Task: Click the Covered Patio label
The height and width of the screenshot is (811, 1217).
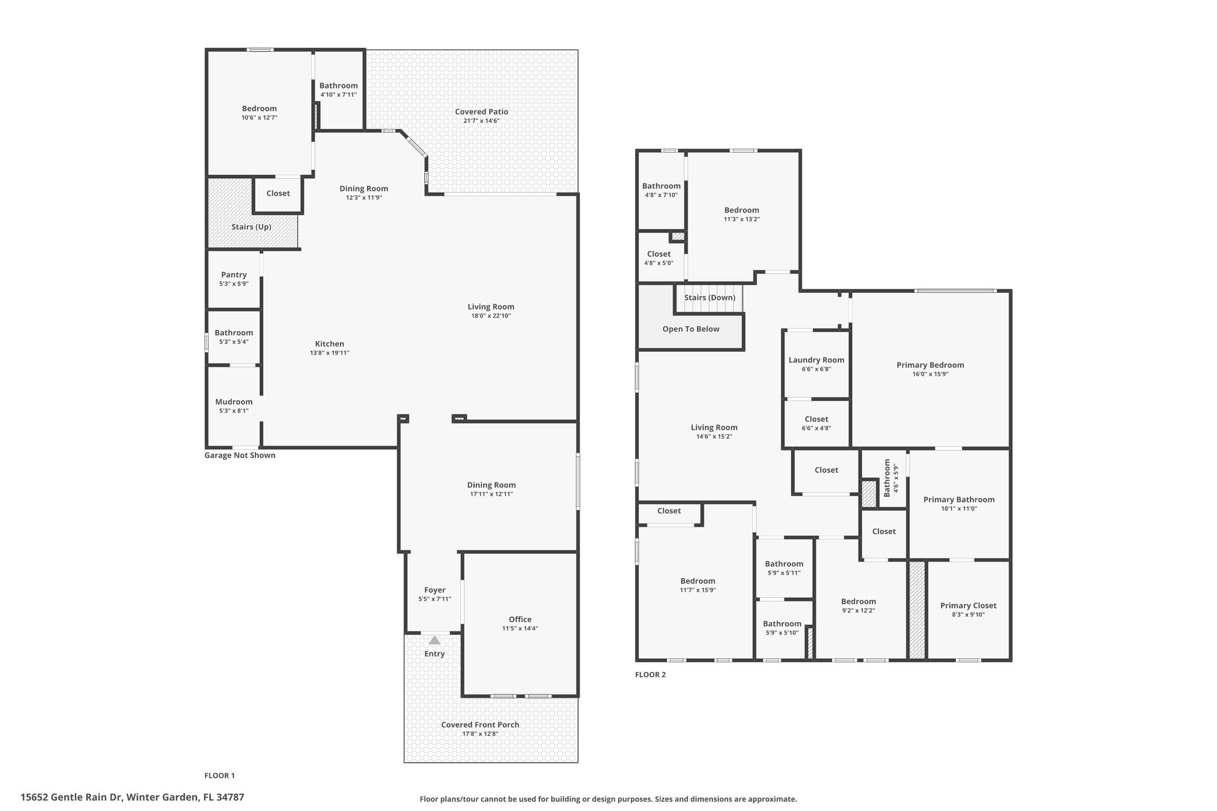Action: tap(481, 112)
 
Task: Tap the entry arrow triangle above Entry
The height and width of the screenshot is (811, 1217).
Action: tap(434, 640)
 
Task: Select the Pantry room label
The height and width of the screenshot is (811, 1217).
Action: tap(234, 274)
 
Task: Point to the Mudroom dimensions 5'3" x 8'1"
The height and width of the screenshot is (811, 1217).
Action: tap(234, 411)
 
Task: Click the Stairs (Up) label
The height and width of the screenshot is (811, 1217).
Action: tap(251, 227)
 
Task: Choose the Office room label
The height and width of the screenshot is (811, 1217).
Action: tap(520, 619)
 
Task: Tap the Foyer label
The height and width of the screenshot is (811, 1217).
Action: tap(435, 590)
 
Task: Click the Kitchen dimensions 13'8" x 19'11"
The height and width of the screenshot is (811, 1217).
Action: tap(329, 353)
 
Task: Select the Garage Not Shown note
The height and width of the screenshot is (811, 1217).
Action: tap(240, 456)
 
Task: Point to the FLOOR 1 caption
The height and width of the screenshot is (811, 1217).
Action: tap(220, 775)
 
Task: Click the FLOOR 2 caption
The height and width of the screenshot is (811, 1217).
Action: tap(651, 674)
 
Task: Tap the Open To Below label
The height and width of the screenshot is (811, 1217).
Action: tap(691, 329)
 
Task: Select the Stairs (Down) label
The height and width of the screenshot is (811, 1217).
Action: tap(710, 298)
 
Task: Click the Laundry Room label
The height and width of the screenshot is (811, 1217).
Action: tap(816, 360)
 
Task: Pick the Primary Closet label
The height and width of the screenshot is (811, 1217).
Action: tap(969, 605)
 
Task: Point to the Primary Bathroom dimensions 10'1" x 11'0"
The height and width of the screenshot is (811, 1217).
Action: tap(959, 509)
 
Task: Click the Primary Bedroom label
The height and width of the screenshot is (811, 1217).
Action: tap(931, 365)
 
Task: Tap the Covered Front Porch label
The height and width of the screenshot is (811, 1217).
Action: tap(480, 725)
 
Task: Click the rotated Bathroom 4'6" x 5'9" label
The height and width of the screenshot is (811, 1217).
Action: tap(891, 478)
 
